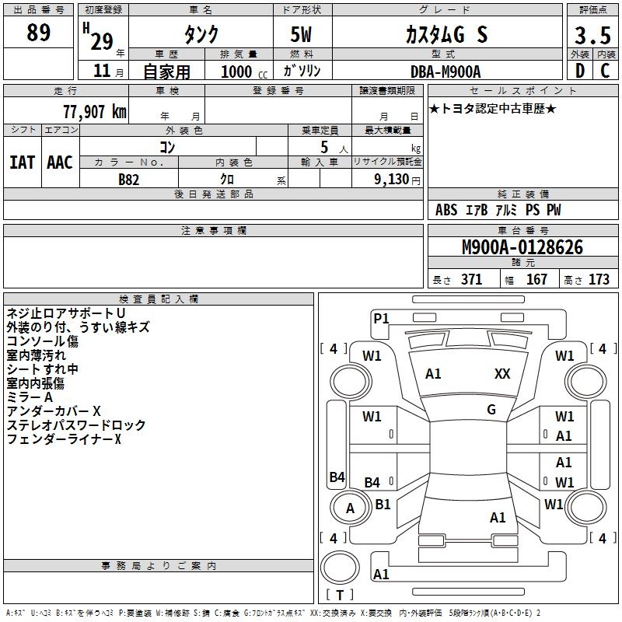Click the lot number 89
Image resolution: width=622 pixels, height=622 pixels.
click(x=39, y=33)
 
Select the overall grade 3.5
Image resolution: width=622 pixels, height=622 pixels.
click(x=592, y=37)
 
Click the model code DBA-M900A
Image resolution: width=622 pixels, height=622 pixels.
click(x=446, y=72)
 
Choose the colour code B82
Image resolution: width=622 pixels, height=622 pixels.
click(x=130, y=179)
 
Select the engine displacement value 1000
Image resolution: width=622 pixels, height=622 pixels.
click(x=236, y=72)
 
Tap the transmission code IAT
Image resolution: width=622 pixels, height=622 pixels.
click(x=22, y=162)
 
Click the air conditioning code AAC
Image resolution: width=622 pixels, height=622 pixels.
click(x=60, y=162)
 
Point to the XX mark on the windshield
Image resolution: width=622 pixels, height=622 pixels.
click(x=502, y=374)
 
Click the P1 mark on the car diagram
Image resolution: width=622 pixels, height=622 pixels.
click(x=381, y=318)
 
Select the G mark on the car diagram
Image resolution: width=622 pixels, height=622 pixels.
click(x=491, y=410)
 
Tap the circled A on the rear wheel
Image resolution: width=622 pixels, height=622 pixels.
click(x=350, y=508)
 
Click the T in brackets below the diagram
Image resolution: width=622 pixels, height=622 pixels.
click(x=344, y=595)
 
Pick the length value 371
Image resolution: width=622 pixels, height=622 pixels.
click(x=471, y=280)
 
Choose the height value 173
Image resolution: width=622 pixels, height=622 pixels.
click(x=599, y=280)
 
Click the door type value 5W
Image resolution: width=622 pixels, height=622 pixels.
click(x=303, y=34)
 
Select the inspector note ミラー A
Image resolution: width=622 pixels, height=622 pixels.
click(x=30, y=397)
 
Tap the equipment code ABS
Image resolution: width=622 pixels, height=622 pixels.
click(x=446, y=210)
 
